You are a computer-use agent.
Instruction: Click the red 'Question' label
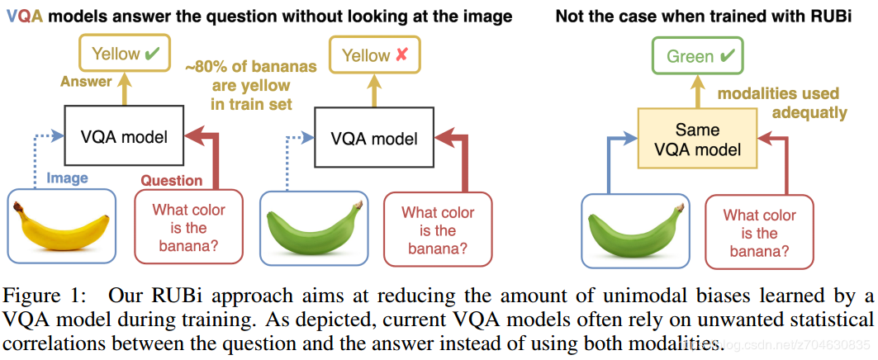click(171, 180)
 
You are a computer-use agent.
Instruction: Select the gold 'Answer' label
click(87, 81)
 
